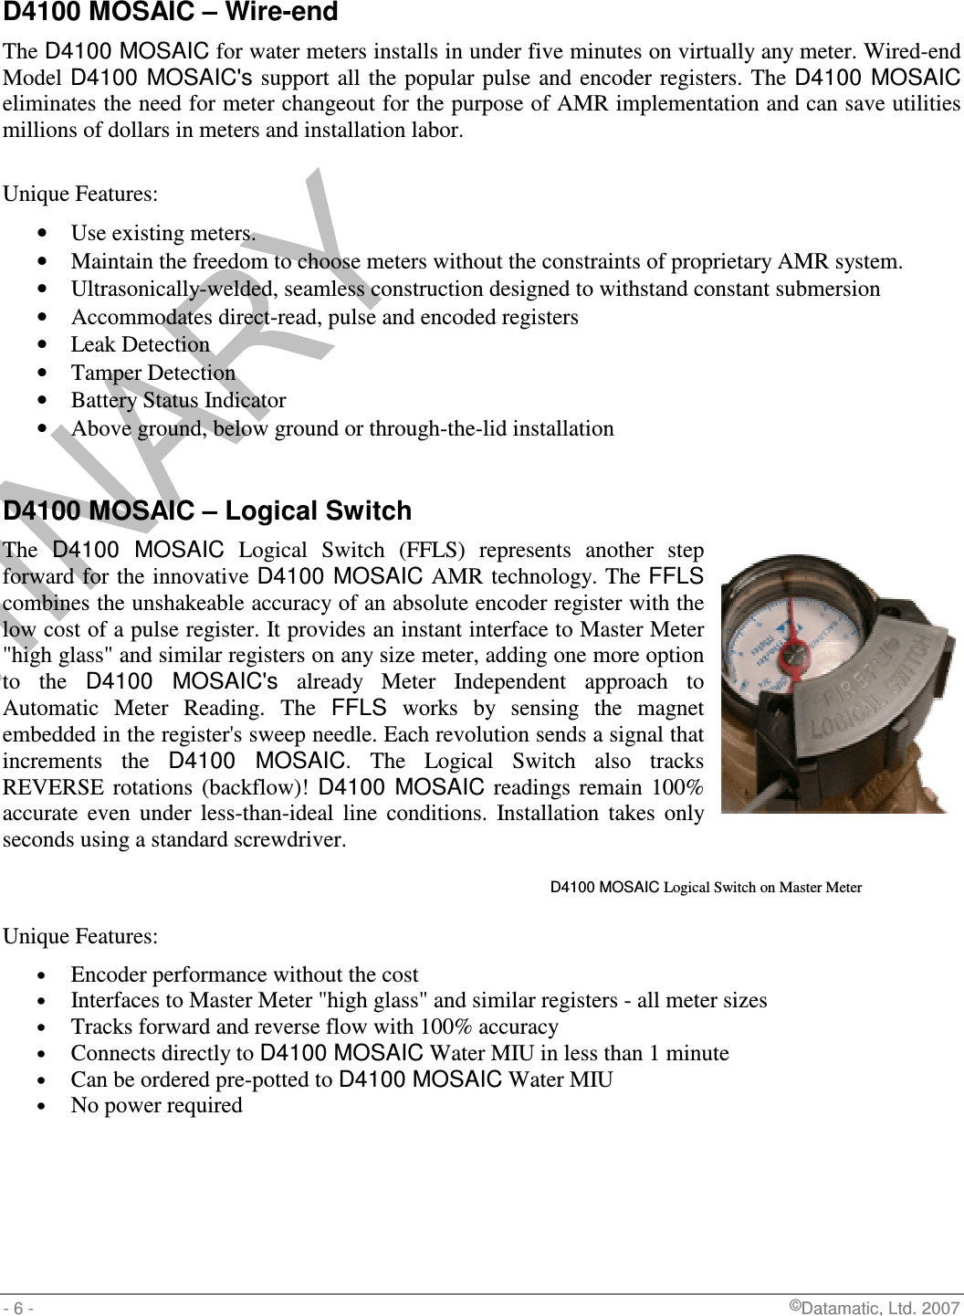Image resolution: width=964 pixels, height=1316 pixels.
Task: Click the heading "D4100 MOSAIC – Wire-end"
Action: point(171,13)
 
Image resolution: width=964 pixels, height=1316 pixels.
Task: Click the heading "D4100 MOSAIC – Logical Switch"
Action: point(208,511)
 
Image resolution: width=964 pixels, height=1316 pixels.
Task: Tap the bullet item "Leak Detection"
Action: point(141,345)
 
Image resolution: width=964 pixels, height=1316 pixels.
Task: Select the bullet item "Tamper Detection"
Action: point(153,374)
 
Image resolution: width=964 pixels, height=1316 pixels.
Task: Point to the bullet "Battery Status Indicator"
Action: point(179,401)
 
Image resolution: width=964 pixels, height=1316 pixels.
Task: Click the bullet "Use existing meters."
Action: point(163,234)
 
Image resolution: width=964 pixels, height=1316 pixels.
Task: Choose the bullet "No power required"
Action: point(157,1106)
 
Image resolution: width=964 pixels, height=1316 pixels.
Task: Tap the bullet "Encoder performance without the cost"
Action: point(245,975)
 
